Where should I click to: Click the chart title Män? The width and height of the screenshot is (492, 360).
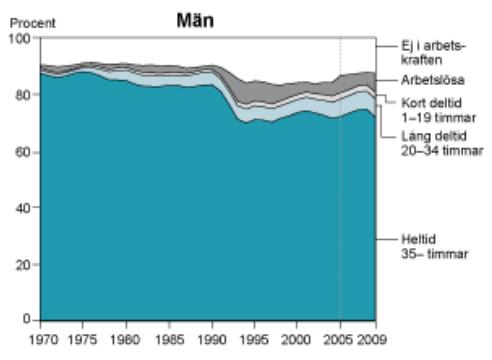pyautogui.click(x=195, y=20)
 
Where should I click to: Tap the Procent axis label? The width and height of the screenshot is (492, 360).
pyautogui.click(x=33, y=23)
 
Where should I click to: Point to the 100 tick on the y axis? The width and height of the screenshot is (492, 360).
pyautogui.click(x=19, y=38)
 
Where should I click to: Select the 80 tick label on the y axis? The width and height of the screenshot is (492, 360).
pyautogui.click(x=23, y=95)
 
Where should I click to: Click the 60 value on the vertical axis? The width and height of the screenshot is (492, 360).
pyautogui.click(x=23, y=152)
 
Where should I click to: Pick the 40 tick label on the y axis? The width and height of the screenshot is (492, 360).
pyautogui.click(x=23, y=208)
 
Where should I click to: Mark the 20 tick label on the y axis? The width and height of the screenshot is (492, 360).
pyautogui.click(x=23, y=265)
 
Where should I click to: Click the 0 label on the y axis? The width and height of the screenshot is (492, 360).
pyautogui.click(x=27, y=319)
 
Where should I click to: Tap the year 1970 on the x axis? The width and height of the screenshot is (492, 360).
pyautogui.click(x=44, y=340)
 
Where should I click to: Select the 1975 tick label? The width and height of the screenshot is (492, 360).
pyautogui.click(x=82, y=340)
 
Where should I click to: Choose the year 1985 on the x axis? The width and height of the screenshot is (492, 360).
pyautogui.click(x=170, y=340)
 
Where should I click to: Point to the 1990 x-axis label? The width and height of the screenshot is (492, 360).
pyautogui.click(x=212, y=340)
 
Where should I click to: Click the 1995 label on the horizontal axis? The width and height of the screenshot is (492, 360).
pyautogui.click(x=254, y=340)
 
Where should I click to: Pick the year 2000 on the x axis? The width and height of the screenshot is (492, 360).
pyautogui.click(x=296, y=340)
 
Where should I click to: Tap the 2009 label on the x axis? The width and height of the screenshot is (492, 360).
pyautogui.click(x=372, y=340)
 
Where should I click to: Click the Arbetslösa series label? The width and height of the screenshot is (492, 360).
pyautogui.click(x=433, y=80)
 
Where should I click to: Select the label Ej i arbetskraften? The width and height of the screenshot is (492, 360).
pyautogui.click(x=433, y=53)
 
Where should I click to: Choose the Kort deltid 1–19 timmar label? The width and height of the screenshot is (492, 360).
pyautogui.click(x=438, y=110)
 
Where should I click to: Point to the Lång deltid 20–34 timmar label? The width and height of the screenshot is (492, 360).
pyautogui.click(x=442, y=143)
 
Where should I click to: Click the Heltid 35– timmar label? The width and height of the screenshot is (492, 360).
pyautogui.click(x=435, y=247)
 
